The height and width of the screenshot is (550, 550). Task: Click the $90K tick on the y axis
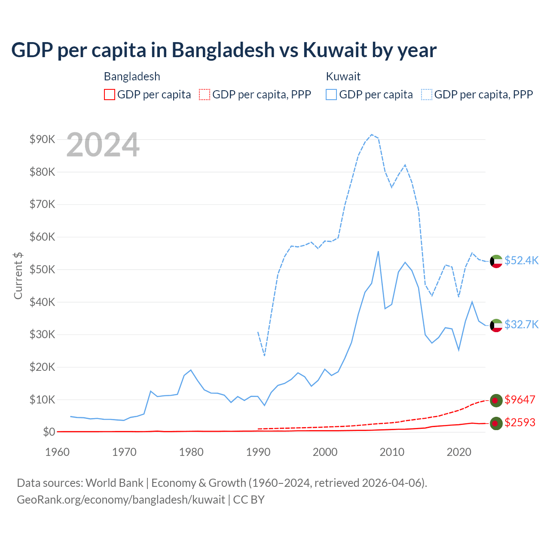(x=42, y=139)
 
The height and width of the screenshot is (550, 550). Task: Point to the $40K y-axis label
(x=42, y=302)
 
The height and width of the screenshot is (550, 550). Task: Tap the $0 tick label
(x=49, y=432)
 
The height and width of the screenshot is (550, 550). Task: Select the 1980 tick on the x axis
(x=191, y=452)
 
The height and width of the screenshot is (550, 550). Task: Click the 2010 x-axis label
(x=392, y=452)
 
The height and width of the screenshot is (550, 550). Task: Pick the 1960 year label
(x=57, y=452)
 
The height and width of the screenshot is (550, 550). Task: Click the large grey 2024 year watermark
(x=103, y=145)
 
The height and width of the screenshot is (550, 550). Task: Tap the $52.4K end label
(x=521, y=260)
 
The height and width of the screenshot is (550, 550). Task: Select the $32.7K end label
(x=521, y=324)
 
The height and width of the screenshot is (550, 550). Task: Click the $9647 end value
(x=519, y=400)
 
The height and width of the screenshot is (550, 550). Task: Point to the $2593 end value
(x=519, y=422)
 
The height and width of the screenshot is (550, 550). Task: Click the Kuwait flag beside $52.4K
(x=496, y=261)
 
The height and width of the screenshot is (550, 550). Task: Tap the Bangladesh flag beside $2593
(x=496, y=423)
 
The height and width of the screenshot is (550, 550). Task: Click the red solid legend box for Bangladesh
(x=110, y=95)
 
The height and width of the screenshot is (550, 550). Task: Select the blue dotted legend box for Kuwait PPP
(x=427, y=95)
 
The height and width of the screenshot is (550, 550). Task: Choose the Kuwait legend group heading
(x=343, y=76)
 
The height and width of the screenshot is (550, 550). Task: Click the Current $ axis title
(x=18, y=275)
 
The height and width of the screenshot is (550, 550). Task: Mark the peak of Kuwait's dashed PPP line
(x=372, y=134)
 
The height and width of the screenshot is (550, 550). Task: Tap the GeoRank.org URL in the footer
(x=121, y=500)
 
